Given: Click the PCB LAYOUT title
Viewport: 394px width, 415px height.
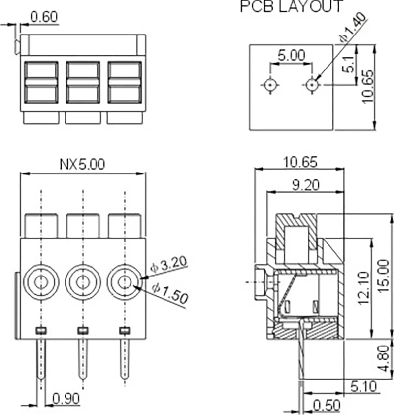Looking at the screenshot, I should click(x=292, y=7).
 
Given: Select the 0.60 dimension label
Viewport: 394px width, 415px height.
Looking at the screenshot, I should click(x=44, y=17).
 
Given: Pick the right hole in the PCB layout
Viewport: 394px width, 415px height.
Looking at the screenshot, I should click(x=311, y=85).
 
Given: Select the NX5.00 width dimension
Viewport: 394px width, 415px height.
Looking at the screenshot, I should click(x=82, y=164).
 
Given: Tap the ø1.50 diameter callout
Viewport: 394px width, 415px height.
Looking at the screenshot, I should click(x=170, y=294).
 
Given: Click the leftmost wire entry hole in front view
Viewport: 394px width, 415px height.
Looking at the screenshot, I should click(x=41, y=282).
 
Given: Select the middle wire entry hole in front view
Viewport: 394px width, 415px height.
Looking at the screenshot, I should click(x=83, y=282).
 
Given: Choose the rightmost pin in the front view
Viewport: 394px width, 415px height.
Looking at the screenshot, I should click(x=125, y=357).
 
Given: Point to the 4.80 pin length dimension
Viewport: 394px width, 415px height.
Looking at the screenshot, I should click(x=386, y=359).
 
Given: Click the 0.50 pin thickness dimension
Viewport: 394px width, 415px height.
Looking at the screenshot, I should click(x=327, y=406).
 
